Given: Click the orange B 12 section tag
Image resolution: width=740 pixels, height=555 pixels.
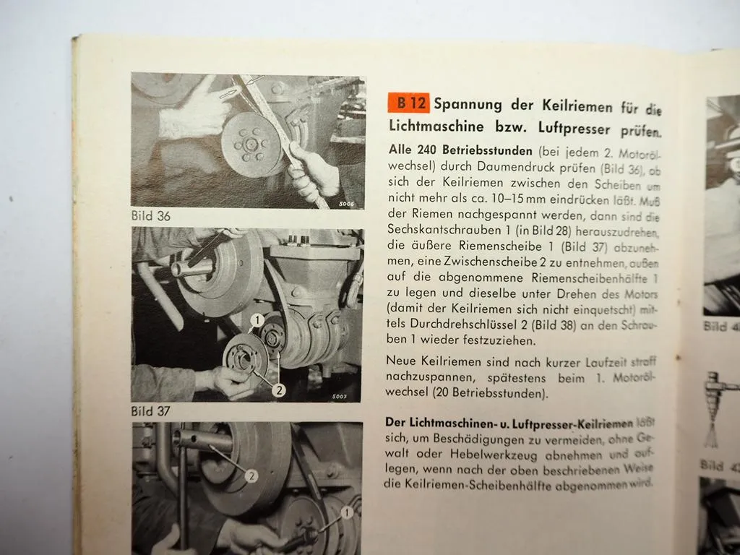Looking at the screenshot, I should click(x=408, y=103).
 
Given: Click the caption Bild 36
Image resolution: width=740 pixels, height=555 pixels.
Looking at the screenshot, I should click(x=151, y=215).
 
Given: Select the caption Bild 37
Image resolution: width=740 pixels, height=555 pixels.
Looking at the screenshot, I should click(x=152, y=410).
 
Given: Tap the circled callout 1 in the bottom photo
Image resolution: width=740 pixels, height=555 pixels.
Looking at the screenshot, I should click(x=347, y=512).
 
